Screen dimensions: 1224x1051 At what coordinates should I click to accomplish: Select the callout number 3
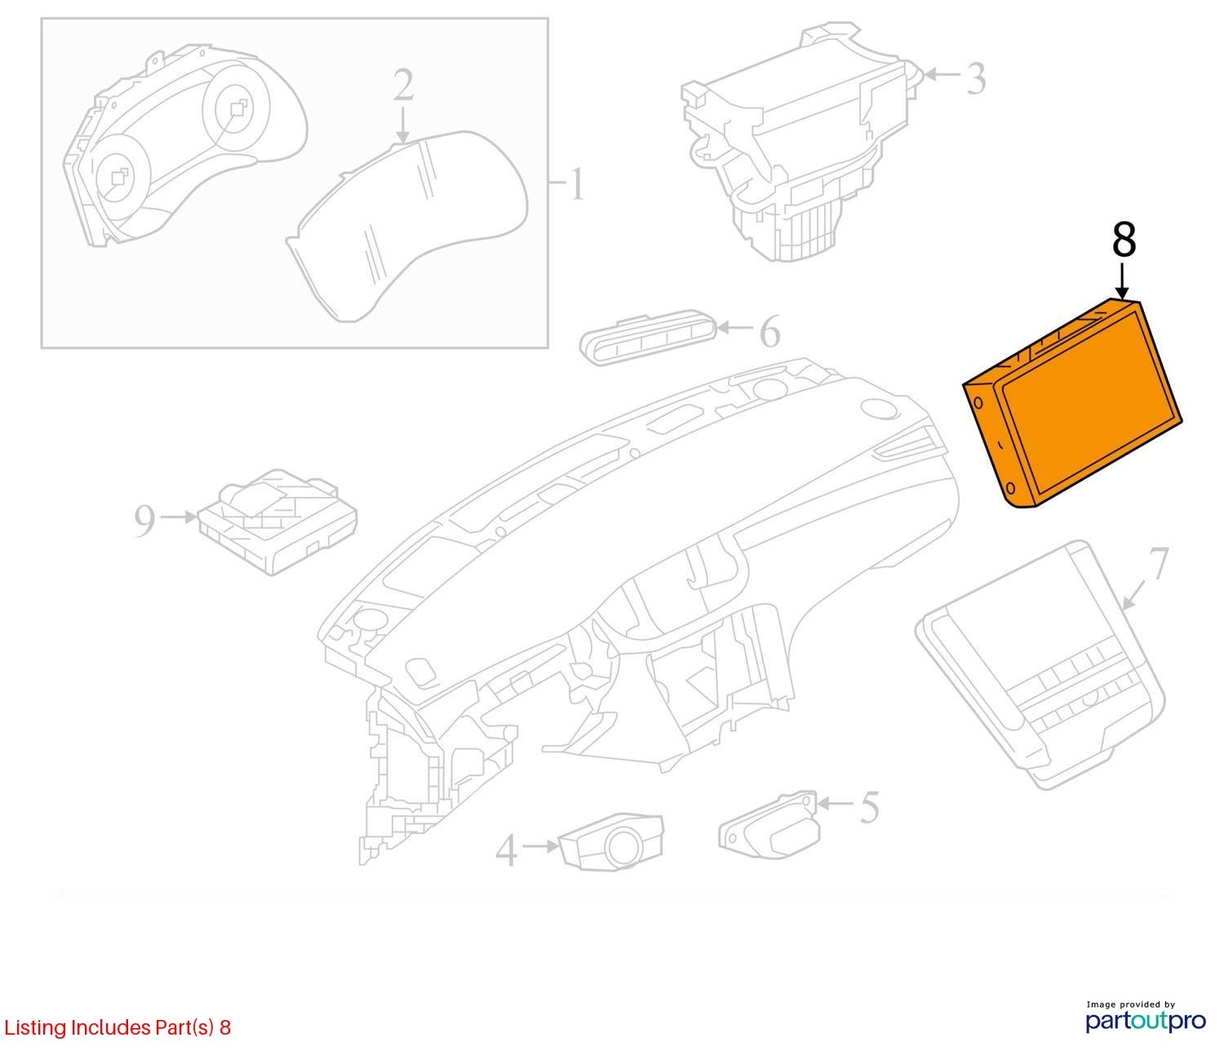(x=977, y=78)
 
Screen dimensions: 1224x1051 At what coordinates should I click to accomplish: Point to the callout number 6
(x=769, y=332)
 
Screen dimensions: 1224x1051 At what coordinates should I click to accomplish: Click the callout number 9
(x=145, y=521)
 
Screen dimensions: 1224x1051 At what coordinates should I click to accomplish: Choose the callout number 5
(x=869, y=807)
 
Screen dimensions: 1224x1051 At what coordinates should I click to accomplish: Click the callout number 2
(x=403, y=85)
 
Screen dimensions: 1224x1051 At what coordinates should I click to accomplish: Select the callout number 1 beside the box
(x=576, y=184)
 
